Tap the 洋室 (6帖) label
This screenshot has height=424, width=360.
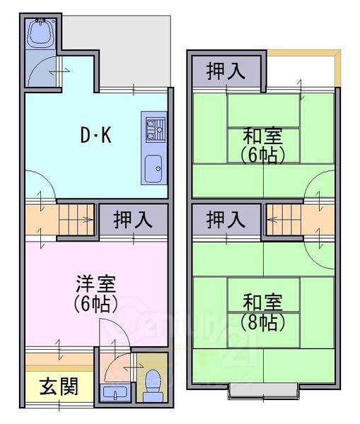pos(96,294)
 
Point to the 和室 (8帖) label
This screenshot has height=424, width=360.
pos(263,312)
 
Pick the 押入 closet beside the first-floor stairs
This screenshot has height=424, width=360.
pos(133,218)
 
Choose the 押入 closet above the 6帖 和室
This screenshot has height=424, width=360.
pos(226,71)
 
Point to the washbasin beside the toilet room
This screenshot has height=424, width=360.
pos(113,391)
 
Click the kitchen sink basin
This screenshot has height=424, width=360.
pos(153,168)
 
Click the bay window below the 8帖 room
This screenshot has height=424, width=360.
pos(263,389)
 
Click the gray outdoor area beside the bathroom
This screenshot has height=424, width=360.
pos(134,49)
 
